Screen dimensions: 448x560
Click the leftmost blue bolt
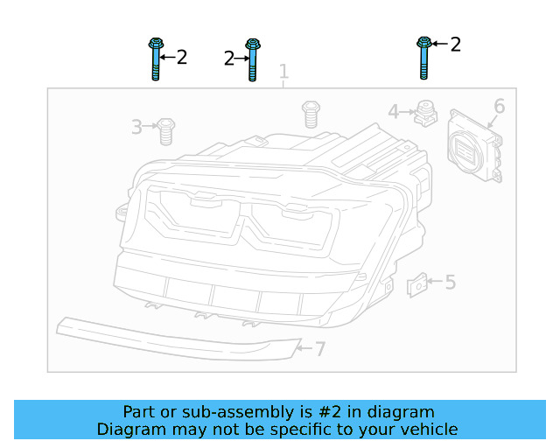155,59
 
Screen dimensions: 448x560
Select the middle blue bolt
252,59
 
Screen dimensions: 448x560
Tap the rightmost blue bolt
423,58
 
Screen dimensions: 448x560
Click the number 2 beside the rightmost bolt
455,44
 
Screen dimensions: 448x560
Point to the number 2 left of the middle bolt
228,59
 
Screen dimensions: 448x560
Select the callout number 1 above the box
283,71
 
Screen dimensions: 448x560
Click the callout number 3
136,128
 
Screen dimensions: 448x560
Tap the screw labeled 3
165,131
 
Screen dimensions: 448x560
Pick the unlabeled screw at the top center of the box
310,114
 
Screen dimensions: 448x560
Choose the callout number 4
394,112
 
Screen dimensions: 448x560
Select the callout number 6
499,107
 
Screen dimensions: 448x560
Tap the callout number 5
450,282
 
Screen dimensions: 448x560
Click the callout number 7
320,349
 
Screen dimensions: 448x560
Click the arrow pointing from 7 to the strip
303,348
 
